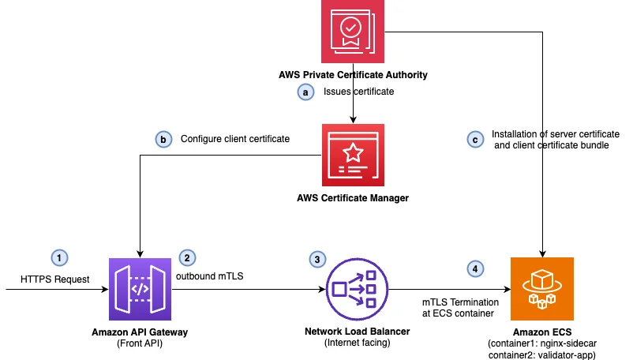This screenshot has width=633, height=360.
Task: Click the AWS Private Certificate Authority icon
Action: point(353,32)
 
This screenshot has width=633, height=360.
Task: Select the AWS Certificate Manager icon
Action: point(353,155)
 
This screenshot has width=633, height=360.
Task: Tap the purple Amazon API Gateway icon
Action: point(140,289)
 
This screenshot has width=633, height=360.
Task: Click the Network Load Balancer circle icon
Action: point(357,290)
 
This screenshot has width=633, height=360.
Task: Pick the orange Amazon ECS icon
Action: point(542,289)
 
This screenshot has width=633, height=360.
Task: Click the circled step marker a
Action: point(305,92)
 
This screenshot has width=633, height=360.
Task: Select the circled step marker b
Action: point(163,139)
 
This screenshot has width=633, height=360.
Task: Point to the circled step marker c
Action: point(475,140)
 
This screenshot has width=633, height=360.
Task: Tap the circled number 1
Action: point(59,257)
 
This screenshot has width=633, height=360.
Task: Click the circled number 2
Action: point(187,257)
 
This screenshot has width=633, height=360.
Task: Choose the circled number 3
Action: point(317,259)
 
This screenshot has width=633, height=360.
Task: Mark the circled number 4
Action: point(475,268)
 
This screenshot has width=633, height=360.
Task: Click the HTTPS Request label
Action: point(55,279)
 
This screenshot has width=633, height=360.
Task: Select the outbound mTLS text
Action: point(209,276)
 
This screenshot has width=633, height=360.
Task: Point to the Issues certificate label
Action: point(358,92)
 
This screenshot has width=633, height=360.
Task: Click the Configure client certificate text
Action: point(235,139)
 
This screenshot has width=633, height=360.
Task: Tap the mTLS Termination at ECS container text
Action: point(460,308)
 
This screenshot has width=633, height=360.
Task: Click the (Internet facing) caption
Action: point(358,343)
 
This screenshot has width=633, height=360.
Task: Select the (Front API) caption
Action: point(140,343)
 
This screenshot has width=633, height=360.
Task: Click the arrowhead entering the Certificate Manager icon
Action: point(353,120)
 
